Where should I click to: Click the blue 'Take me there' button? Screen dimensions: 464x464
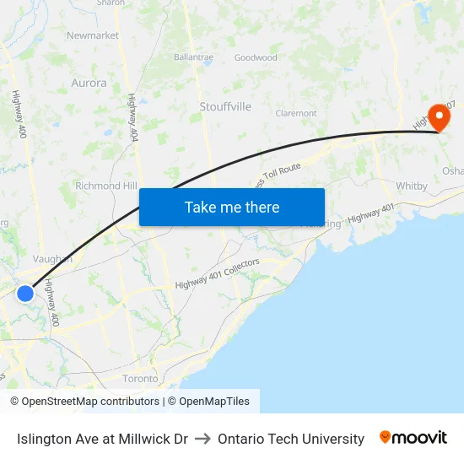[x=232, y=207]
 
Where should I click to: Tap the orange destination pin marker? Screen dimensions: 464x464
[x=439, y=116]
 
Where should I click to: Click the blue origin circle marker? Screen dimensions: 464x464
[x=25, y=293]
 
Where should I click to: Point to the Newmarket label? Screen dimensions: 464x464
[x=93, y=35]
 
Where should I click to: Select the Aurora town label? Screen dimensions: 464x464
[x=89, y=83]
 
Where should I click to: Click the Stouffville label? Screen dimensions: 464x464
[x=225, y=106]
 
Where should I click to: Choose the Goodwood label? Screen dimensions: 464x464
[x=256, y=57]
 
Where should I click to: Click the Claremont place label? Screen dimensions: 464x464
[x=296, y=112]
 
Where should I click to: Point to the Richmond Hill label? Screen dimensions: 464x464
[x=106, y=186]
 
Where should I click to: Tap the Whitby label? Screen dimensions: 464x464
[x=412, y=186]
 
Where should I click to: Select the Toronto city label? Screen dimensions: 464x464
[x=140, y=379]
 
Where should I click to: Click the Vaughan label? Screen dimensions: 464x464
[x=52, y=259]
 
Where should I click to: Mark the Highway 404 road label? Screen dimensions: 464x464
[x=132, y=117]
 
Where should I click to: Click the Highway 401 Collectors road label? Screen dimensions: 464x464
[x=218, y=274]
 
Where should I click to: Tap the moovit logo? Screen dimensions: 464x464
[x=413, y=438]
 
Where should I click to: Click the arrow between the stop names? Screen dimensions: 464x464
[x=202, y=439]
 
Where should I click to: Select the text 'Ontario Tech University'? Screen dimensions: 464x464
[x=291, y=439]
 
